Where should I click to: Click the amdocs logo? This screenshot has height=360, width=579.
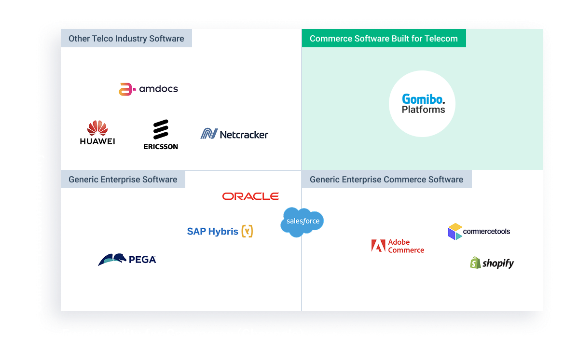[x=149, y=89]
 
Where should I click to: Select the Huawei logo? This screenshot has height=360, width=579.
[x=97, y=133]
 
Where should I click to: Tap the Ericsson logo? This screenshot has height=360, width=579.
[x=161, y=135]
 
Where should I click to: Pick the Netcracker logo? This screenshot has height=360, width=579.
[x=234, y=134]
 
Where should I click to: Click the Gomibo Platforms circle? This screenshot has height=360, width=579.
[x=422, y=104]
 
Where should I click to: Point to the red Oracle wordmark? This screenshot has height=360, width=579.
[x=250, y=196]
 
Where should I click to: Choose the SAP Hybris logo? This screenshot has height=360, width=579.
[x=220, y=231]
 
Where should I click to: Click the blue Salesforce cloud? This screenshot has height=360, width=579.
[x=303, y=222]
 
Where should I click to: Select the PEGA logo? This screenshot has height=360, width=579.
[x=127, y=260]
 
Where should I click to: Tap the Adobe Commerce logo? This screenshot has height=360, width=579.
[x=398, y=246]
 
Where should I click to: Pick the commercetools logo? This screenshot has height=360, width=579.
[x=479, y=232]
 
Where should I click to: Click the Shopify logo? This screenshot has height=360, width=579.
[x=492, y=263]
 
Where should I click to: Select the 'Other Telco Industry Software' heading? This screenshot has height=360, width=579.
[x=126, y=39]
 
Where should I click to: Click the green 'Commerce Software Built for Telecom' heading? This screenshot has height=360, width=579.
[x=384, y=39]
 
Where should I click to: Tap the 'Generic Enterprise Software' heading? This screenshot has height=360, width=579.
[x=123, y=180]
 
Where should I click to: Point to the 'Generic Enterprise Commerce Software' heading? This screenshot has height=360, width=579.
[x=386, y=180]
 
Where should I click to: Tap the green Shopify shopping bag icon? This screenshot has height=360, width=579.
[x=476, y=263]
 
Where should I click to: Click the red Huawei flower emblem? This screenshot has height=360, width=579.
[x=97, y=128]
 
